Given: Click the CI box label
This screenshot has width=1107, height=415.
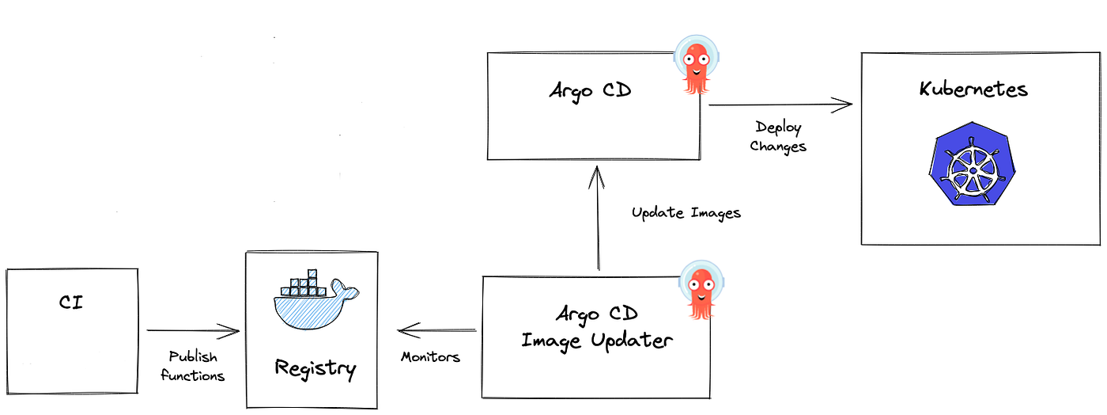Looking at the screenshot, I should (x=70, y=302).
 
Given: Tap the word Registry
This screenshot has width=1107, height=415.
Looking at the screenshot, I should (x=315, y=367).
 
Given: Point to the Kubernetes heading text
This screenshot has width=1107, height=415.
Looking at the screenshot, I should (x=973, y=89).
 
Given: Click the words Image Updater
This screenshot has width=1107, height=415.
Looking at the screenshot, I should (x=597, y=341).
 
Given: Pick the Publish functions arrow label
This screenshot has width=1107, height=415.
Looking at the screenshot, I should (x=193, y=366).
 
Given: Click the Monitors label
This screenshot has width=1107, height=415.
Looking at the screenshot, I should (x=430, y=357).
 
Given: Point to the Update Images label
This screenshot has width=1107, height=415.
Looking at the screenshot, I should (x=686, y=213).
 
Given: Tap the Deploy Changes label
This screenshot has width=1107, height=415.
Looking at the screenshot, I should (x=779, y=137).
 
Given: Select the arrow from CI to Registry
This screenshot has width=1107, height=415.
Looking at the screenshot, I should (x=193, y=330).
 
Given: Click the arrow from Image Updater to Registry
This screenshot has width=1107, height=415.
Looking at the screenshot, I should (x=437, y=329).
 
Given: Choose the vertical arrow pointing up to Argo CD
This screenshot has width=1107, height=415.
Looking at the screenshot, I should (x=598, y=222).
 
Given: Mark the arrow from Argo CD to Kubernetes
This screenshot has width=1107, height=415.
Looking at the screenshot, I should (x=780, y=104).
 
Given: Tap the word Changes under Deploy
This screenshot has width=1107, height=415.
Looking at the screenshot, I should (x=779, y=147).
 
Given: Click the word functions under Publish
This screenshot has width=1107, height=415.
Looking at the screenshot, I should (x=193, y=375).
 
